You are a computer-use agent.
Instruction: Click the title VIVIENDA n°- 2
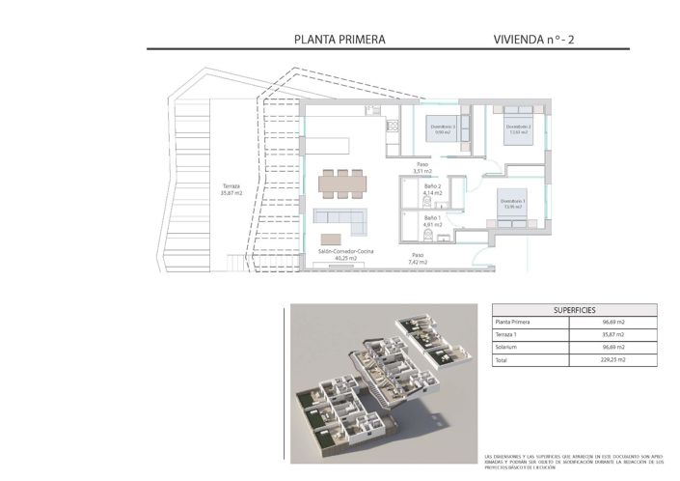[533, 40]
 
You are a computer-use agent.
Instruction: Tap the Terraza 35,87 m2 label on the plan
[231, 189]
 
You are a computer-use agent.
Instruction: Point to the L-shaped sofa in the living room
[343, 218]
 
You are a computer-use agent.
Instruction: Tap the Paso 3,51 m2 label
[422, 168]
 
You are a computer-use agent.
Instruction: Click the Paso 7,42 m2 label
[417, 259]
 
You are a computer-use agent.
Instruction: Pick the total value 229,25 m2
[614, 359]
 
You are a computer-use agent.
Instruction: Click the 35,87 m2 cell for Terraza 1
[614, 333]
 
